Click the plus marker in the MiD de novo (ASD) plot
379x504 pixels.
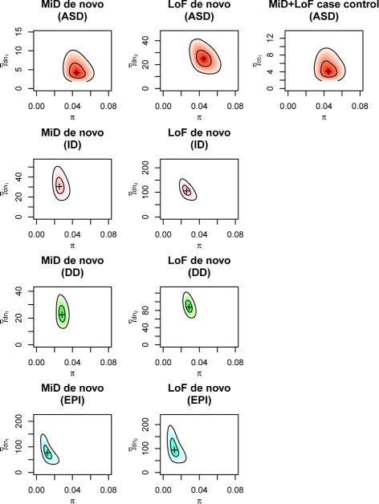[x=76, y=71]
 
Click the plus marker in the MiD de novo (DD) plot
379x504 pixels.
[x=62, y=314]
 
